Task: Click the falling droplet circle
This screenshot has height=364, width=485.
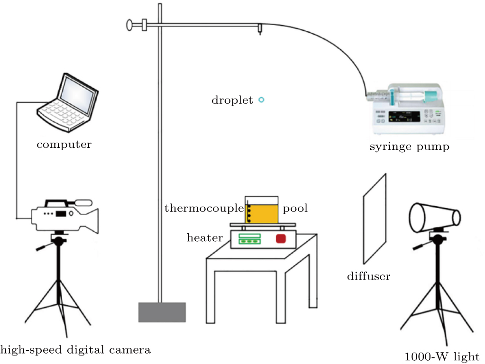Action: (x=261, y=100)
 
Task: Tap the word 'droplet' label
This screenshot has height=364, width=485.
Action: (x=232, y=100)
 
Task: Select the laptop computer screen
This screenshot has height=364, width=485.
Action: (x=78, y=95)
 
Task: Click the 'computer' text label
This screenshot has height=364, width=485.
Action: (x=64, y=144)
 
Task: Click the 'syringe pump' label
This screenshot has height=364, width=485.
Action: (x=409, y=147)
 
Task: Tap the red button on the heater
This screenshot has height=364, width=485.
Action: (x=281, y=238)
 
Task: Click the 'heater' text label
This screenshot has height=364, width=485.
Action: (x=204, y=237)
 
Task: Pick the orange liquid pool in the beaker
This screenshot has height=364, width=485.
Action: (x=263, y=213)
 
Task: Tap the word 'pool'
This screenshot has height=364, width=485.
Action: (x=295, y=209)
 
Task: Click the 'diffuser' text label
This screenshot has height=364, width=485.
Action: (x=368, y=276)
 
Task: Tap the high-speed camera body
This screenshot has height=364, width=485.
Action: (x=64, y=218)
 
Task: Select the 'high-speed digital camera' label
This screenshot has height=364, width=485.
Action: (x=75, y=350)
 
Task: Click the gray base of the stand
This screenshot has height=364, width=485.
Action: (x=162, y=312)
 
